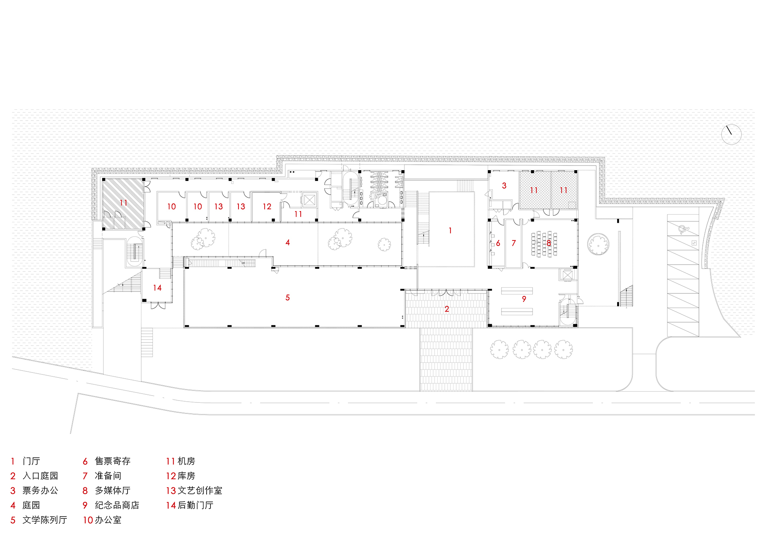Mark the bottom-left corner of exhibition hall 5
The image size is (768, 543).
point(184,327)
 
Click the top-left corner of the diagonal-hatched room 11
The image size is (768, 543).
point(103,179)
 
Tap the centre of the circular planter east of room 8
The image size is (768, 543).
point(598,244)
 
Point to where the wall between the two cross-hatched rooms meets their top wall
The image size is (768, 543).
point(551,172)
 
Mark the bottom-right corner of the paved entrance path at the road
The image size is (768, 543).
point(472,391)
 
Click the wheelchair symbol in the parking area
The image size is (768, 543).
point(683,230)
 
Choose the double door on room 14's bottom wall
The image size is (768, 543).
point(158,305)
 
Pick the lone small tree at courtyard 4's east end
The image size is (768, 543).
point(384,244)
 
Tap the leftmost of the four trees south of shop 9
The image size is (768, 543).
point(500,349)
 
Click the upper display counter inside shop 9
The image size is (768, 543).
point(517,291)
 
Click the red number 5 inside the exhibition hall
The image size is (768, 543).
point(288,298)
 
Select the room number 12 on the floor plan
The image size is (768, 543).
point(267,207)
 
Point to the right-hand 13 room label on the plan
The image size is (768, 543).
point(241,207)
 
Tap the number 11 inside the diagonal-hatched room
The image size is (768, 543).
point(123,202)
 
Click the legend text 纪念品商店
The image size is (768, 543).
point(117,505)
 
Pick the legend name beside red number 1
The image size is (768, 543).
point(31,461)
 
